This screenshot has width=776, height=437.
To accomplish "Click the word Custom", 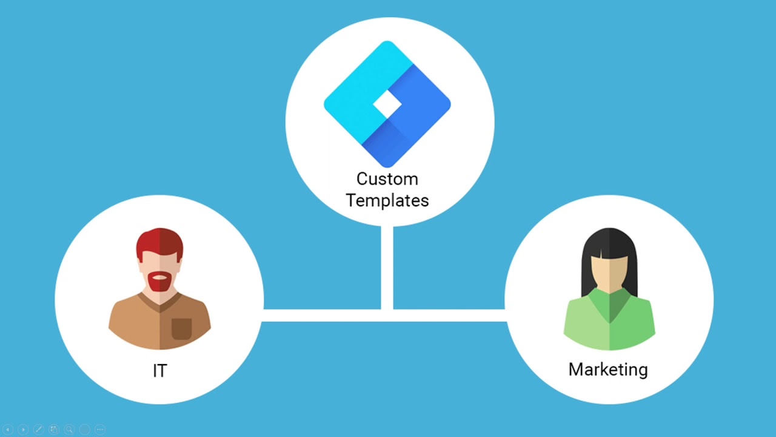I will click(387, 179).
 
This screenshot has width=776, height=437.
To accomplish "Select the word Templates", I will click(387, 200).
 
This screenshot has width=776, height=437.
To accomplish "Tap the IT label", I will click(159, 370).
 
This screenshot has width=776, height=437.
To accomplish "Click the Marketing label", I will click(608, 369).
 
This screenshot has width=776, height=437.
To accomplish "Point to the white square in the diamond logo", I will click(387, 105).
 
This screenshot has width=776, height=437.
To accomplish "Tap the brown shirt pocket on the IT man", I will click(181, 328).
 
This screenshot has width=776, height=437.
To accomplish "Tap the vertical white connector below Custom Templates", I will click(387, 267).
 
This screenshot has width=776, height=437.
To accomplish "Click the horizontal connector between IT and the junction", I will click(321, 316).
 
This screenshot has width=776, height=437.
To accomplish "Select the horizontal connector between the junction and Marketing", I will click(449, 316).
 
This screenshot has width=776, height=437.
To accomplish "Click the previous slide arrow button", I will click(8, 429).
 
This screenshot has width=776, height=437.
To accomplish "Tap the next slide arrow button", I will click(23, 429).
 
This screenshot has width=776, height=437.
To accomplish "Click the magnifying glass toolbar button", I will click(69, 429).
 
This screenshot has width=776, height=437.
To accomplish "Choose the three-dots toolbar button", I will click(100, 429).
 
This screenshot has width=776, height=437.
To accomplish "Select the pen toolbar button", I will click(38, 429).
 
